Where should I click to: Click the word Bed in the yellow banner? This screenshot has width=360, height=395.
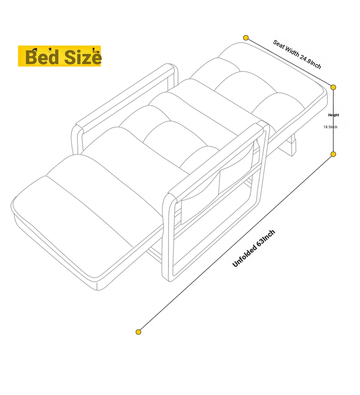click(42, 57)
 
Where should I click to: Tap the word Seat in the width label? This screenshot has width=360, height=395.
click(279, 45)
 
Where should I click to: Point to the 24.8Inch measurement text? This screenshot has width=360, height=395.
click(310, 62)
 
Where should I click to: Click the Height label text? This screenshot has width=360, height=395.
click(333, 115)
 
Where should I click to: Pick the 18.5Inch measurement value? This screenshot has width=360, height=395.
click(330, 127)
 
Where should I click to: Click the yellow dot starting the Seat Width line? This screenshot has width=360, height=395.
click(246, 37)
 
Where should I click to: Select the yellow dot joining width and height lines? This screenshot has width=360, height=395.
click(333, 87)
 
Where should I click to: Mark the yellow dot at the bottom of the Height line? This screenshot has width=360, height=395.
click(333, 154)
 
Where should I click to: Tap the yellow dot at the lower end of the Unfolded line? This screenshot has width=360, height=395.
click(138, 332)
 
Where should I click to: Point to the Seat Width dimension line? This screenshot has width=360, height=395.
click(289, 62)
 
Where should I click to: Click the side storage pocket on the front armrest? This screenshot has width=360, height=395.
click(217, 189)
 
